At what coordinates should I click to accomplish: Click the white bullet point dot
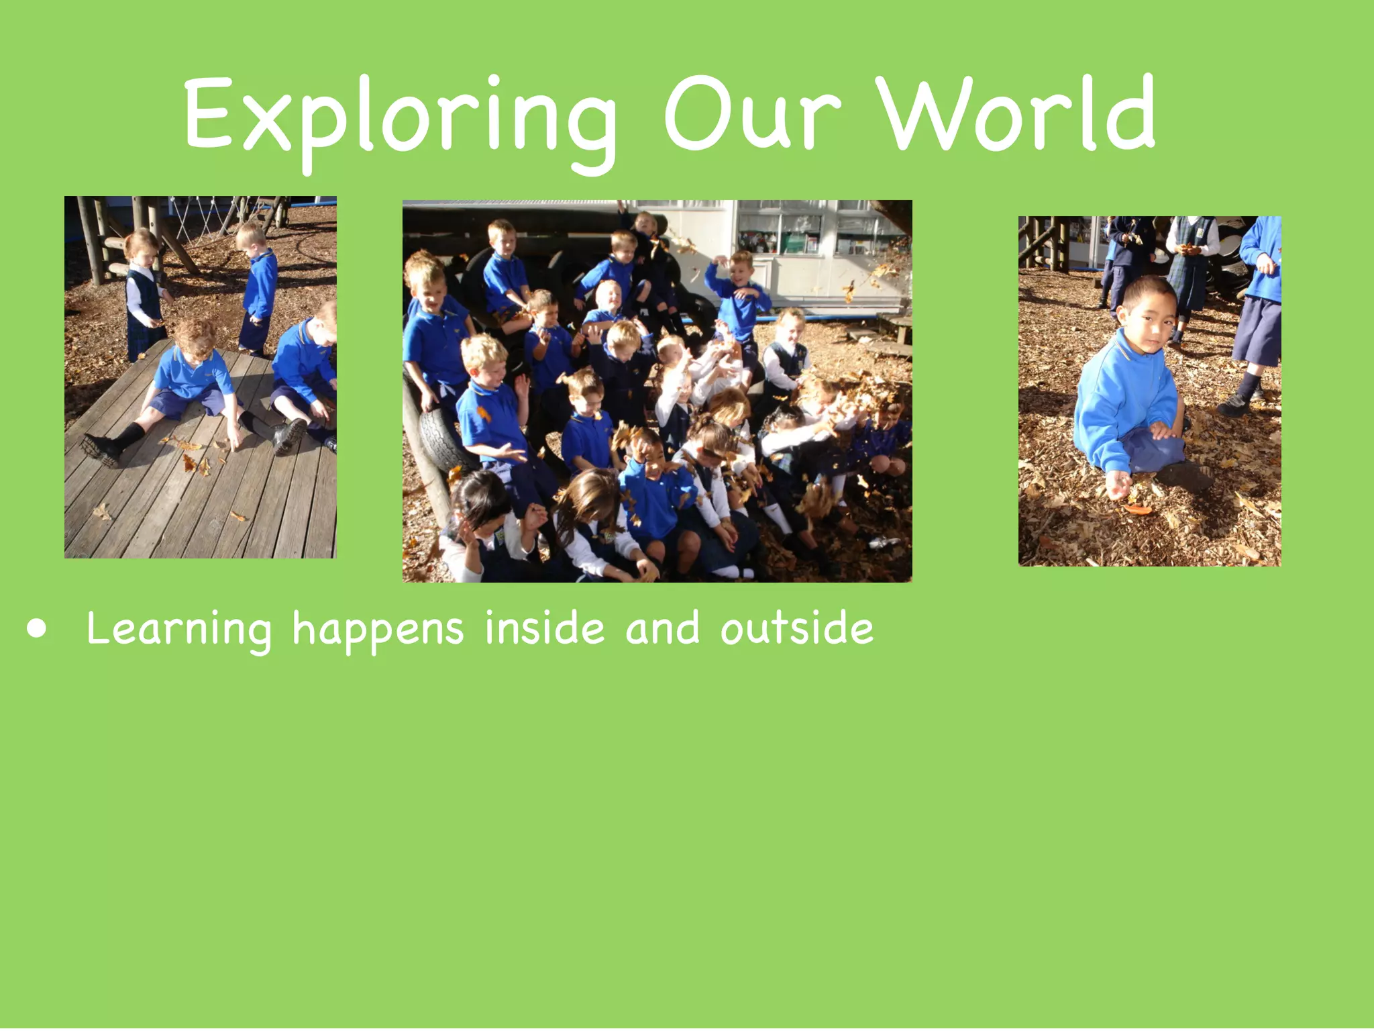point(38,630)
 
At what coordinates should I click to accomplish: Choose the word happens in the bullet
point(378,630)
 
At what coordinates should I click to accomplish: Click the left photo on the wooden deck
point(200,377)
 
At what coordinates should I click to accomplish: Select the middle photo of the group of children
point(657,391)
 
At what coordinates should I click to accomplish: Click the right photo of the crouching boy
point(1149,391)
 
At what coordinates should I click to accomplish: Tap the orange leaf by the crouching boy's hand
point(1137,509)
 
